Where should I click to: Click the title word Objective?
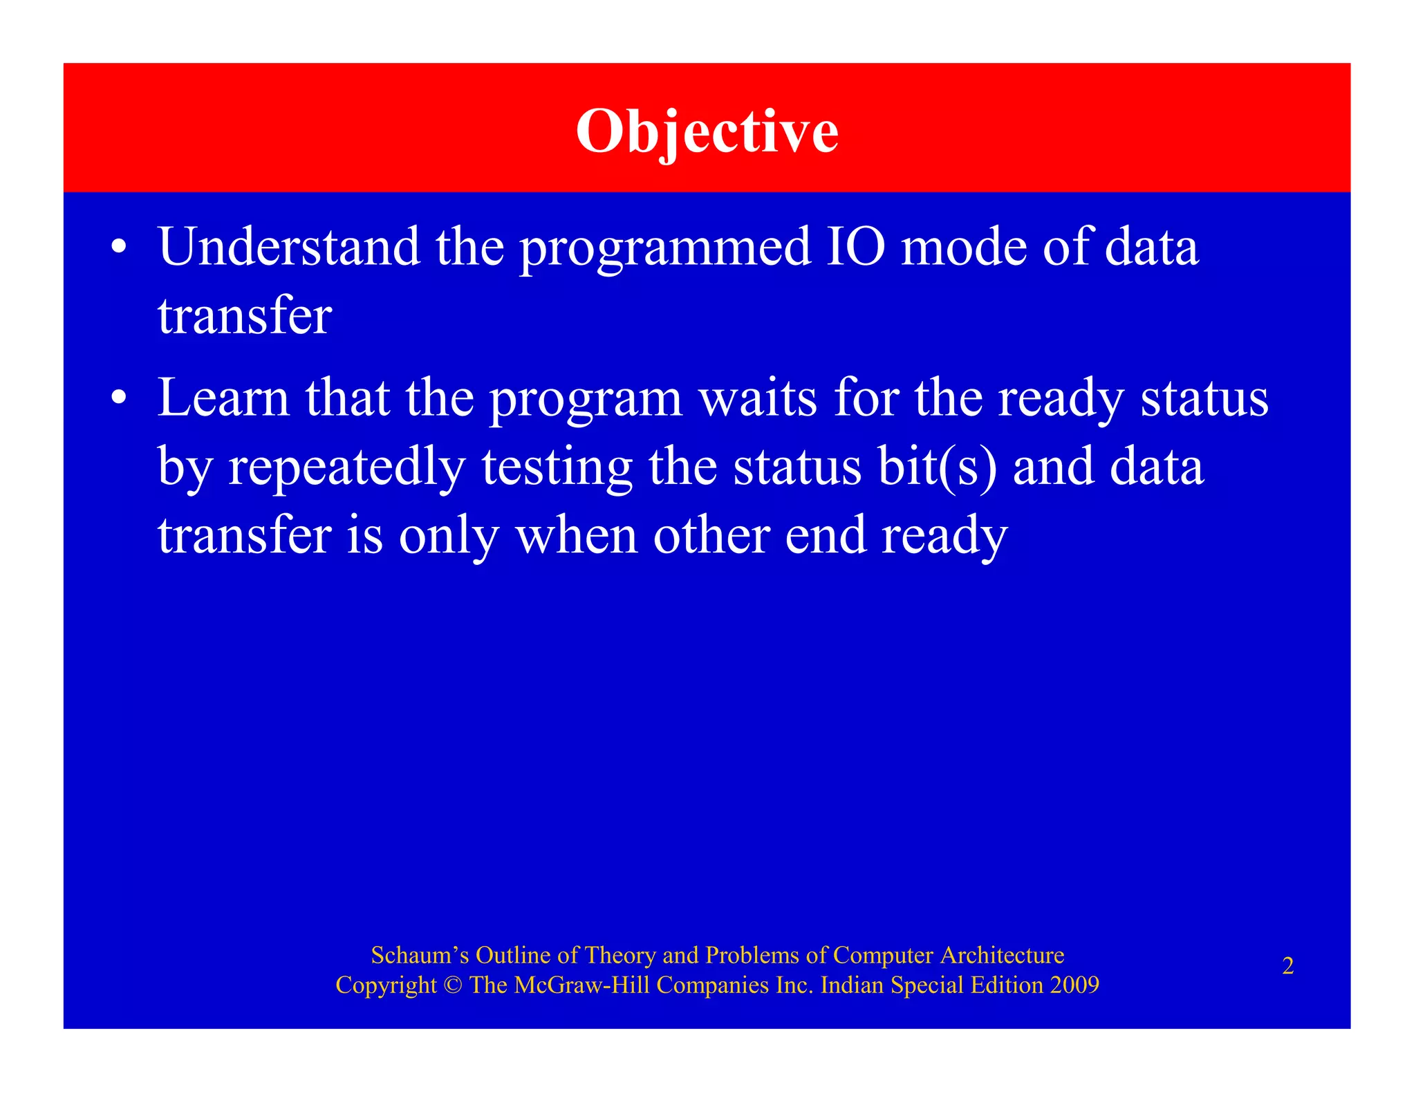click(x=707, y=131)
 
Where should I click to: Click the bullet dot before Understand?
click(x=119, y=248)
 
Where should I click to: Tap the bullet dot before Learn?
click(x=119, y=398)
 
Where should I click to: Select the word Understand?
click(x=289, y=247)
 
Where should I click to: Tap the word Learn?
click(x=223, y=398)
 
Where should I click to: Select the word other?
click(x=711, y=536)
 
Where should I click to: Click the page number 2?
click(x=1287, y=966)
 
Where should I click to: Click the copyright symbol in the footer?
click(x=453, y=985)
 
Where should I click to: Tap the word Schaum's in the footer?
click(x=420, y=955)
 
